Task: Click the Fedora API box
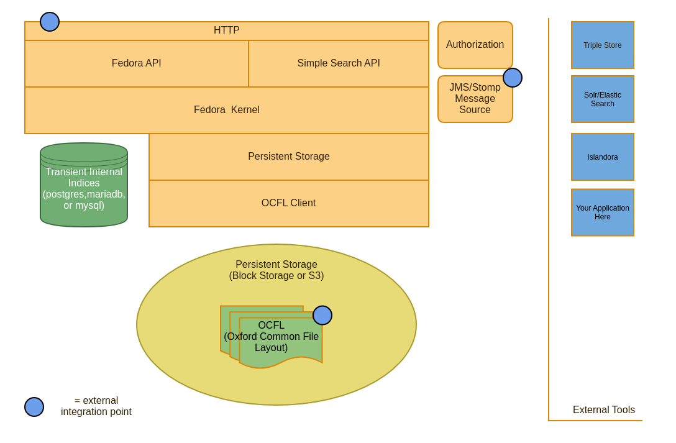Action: click(136, 63)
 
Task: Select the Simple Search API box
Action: click(339, 63)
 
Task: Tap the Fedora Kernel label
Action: click(227, 110)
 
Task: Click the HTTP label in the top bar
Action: click(227, 30)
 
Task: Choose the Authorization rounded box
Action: click(475, 45)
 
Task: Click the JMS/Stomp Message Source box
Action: click(475, 99)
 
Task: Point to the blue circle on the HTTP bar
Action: click(50, 22)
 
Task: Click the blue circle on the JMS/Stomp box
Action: click(513, 78)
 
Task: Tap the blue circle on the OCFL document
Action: click(322, 315)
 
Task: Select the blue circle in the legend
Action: click(34, 407)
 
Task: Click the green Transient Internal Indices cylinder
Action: click(84, 186)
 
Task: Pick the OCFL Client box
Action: click(289, 203)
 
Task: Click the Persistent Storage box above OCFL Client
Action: click(289, 157)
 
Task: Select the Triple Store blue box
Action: click(603, 45)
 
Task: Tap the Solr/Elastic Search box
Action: click(603, 99)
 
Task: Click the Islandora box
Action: click(603, 157)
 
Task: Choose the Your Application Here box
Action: click(603, 212)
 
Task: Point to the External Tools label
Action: click(604, 410)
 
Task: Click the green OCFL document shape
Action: click(272, 339)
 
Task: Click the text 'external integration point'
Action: click(96, 406)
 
